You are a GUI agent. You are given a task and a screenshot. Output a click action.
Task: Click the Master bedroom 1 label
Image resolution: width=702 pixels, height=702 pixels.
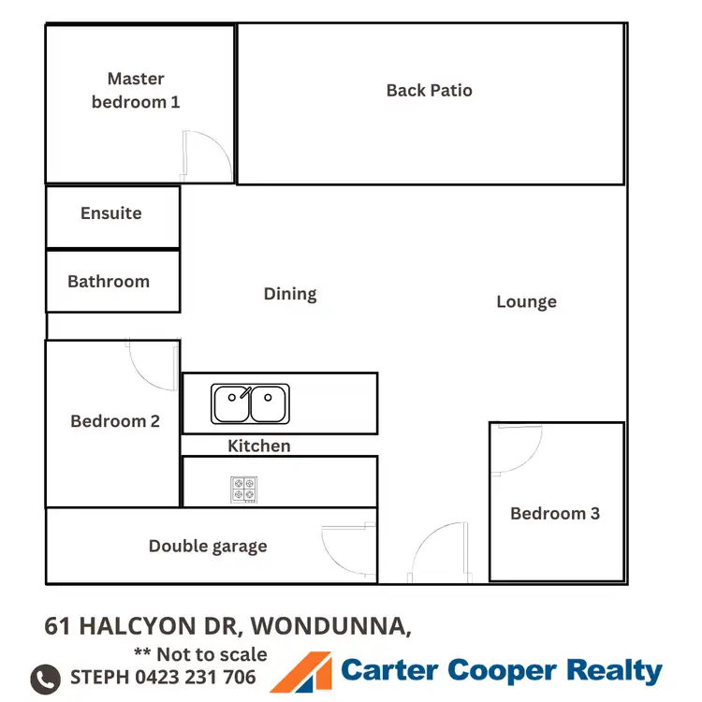coord(136,90)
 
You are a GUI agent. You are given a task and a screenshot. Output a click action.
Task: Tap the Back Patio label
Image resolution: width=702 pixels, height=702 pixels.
coord(430,91)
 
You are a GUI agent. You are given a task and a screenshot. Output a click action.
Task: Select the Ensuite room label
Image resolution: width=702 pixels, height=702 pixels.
coord(111,213)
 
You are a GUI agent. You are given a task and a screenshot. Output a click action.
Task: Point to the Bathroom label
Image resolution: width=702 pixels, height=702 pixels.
coord(109,282)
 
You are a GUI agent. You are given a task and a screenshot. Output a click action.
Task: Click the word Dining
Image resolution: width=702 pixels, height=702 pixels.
coord(290,294)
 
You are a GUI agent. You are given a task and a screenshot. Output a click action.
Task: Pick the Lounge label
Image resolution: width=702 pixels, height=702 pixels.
coord(526,301)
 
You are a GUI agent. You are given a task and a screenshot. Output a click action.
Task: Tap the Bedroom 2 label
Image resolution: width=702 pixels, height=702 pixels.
coord(115,421)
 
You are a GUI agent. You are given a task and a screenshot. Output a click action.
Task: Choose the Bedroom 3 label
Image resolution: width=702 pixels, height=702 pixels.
coord(555,513)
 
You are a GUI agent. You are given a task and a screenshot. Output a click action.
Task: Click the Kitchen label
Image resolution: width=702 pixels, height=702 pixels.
coord(259,446)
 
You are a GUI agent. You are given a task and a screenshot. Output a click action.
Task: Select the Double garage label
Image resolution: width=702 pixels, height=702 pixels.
coord(208,547)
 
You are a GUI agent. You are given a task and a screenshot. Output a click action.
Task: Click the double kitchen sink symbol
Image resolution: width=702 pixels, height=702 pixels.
coord(250,403)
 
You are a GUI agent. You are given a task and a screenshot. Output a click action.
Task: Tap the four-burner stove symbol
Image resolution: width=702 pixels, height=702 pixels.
coord(244,489)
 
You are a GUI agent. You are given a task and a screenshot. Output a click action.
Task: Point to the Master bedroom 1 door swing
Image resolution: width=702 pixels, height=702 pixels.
coord(205,155)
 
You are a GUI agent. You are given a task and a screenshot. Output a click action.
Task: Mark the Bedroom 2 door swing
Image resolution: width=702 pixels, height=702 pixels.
coord(152,365)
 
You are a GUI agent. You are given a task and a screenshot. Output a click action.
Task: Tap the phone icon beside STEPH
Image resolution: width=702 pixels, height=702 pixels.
coord(46,678)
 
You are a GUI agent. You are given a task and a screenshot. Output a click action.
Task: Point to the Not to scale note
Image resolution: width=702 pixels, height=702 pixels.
coord(200,654)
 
